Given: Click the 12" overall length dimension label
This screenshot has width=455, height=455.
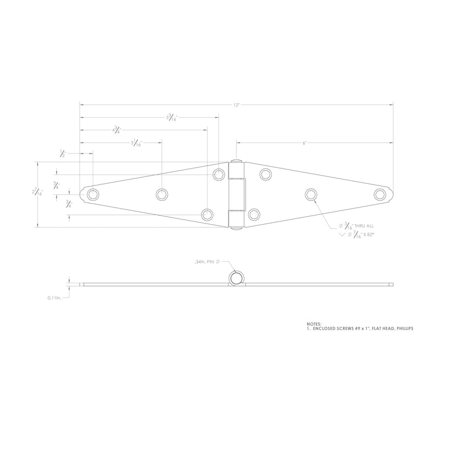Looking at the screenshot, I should click(236, 105).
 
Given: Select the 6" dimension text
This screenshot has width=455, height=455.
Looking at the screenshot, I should click(305, 143).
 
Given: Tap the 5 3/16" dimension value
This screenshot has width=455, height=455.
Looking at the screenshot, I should click(171, 118).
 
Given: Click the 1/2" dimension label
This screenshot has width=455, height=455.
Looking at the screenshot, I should click(63, 153).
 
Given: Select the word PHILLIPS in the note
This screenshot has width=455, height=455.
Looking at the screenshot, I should click(402, 329).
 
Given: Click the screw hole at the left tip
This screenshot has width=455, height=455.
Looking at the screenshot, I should click(93, 195).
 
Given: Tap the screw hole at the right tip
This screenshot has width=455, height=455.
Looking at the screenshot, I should click(380, 195).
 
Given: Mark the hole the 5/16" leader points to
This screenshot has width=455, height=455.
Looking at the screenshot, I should click(311, 195).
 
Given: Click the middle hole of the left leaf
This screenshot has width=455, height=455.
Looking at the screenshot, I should click(162, 195).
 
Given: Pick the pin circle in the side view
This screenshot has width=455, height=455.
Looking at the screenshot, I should click(236, 278).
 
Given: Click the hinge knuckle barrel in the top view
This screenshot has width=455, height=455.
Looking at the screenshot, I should click(237, 194).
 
